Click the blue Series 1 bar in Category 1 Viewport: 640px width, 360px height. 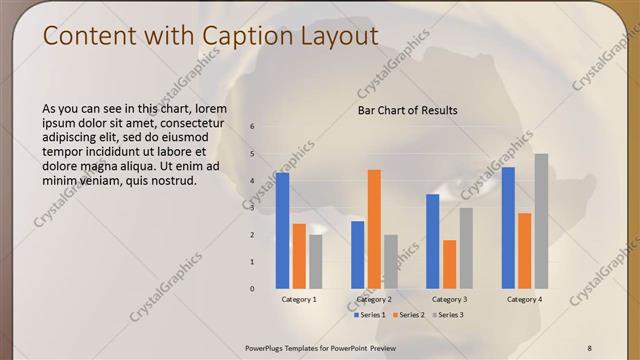282,230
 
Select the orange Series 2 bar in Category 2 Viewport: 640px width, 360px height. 374,229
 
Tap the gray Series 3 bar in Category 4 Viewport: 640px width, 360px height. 541,221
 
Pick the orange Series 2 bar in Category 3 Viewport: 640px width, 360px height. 449,264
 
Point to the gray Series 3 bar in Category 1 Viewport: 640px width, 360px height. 316,261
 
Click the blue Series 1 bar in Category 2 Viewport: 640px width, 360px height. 357,254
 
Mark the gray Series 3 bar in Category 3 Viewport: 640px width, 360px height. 466,248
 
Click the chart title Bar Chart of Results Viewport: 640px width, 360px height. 408,110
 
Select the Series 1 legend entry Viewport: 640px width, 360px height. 371,315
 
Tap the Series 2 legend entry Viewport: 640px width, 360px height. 411,315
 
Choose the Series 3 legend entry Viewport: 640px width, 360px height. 450,315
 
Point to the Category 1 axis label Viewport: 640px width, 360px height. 299,299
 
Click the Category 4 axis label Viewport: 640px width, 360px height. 524,299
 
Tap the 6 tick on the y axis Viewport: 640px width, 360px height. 252,126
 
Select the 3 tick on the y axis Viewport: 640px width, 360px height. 252,207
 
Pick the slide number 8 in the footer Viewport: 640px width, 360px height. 589,347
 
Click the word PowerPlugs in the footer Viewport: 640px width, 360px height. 268,347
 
